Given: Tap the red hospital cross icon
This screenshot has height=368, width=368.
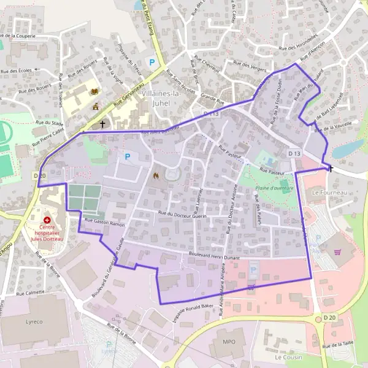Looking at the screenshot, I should click(x=47, y=220).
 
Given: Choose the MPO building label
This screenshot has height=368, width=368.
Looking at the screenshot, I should click(x=229, y=341).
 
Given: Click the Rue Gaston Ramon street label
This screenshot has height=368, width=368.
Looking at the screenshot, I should click(x=104, y=225).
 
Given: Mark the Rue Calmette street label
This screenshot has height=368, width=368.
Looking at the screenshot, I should click(x=30, y=293).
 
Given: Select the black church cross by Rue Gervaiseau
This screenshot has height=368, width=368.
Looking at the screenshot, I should click(x=102, y=123).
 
